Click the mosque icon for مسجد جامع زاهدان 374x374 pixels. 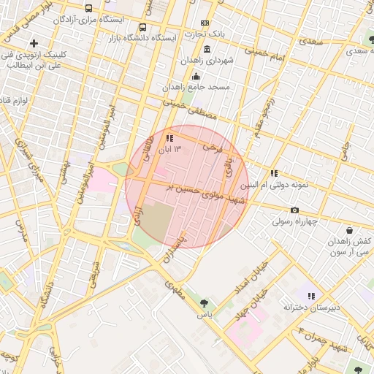[195, 76]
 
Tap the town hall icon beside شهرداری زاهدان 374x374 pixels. [207, 49]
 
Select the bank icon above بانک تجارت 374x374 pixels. [204, 23]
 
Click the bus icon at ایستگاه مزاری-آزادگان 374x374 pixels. [88, 8]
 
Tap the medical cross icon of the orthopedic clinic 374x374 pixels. [34, 43]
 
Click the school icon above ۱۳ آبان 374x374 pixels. [169, 137]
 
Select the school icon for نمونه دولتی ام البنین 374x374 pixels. [274, 174]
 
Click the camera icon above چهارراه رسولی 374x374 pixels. [294, 210]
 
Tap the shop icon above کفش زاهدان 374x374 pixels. [350, 230]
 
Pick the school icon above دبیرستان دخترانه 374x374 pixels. [311, 296]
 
